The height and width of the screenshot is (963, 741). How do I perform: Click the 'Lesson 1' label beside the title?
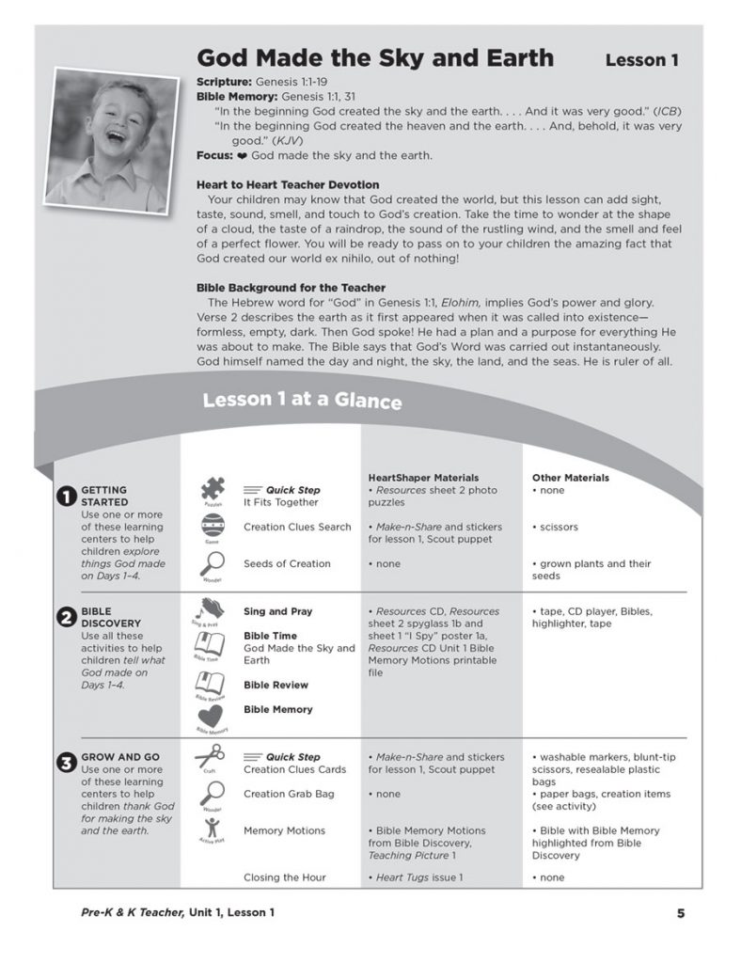[641, 60]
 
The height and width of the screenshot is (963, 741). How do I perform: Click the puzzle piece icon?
[212, 490]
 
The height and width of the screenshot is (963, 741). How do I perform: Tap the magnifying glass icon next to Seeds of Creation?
[212, 563]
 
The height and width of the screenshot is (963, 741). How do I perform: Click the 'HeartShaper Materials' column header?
[423, 478]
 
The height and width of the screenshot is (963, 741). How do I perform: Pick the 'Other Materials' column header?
[571, 478]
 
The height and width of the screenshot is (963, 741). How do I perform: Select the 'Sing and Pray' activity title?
[278, 611]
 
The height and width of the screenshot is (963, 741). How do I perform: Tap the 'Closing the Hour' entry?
[285, 877]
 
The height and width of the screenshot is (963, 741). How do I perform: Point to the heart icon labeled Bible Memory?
[211, 716]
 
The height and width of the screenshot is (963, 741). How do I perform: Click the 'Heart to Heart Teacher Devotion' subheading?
[288, 185]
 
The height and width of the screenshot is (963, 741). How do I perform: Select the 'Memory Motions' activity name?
[284, 830]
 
